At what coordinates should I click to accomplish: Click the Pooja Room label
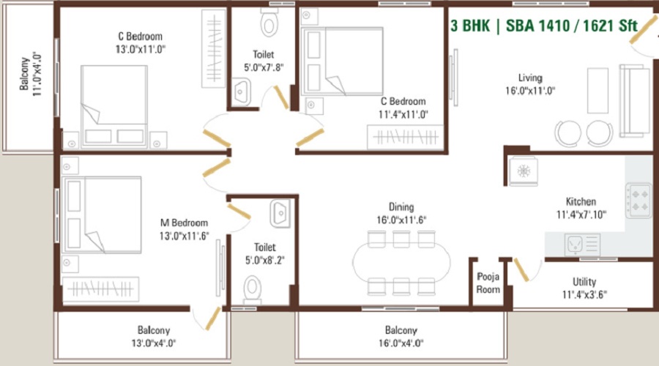(488, 283)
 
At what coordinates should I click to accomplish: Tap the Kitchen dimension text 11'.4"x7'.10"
(581, 214)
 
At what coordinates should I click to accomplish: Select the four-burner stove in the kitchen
(638, 201)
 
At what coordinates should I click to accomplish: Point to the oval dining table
(401, 263)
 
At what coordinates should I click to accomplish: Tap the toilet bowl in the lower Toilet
(252, 290)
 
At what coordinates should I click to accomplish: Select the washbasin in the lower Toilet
(280, 214)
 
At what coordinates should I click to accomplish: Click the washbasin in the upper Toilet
(242, 91)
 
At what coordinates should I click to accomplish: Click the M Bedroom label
(184, 223)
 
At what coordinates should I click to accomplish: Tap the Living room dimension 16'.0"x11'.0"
(530, 91)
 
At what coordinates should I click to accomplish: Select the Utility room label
(584, 282)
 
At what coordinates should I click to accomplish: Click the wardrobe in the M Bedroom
(100, 289)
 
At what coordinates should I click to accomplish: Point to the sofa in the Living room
(635, 101)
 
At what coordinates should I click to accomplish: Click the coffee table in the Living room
(597, 91)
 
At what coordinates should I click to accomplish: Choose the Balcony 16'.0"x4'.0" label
(401, 337)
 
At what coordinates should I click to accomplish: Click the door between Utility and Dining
(521, 270)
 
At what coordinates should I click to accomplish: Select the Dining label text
(401, 206)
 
